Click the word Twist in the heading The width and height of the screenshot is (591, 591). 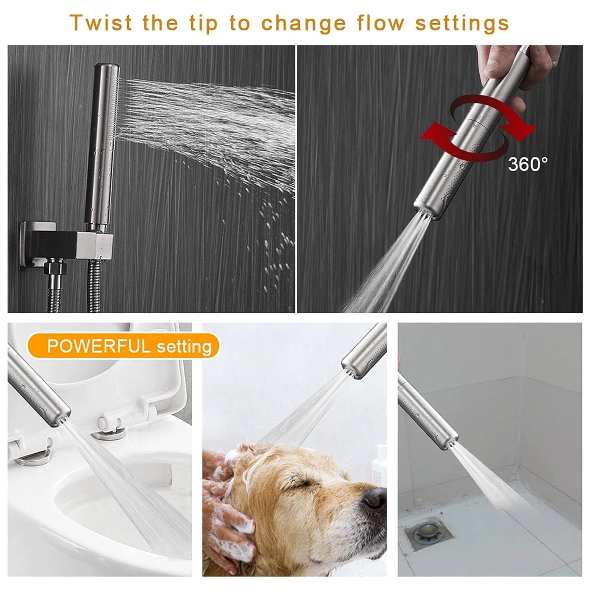[101, 23]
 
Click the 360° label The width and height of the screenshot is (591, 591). [528, 164]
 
